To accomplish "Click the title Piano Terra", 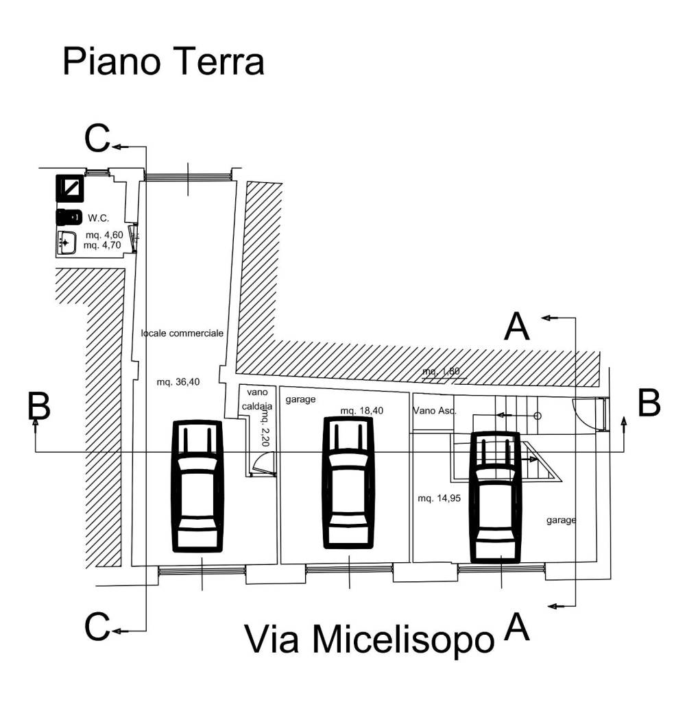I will [163, 62].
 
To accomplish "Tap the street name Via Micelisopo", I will [369, 640].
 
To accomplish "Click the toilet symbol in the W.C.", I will [69, 218].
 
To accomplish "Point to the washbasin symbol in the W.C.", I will [67, 242].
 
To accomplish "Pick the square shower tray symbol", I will [70, 187].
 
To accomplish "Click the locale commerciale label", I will [182, 333].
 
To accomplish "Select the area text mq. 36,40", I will [178, 383].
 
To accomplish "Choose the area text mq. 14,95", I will [438, 499].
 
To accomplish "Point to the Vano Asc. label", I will [435, 411].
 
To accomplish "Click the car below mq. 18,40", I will [349, 485].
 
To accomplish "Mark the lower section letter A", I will [516, 627].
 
